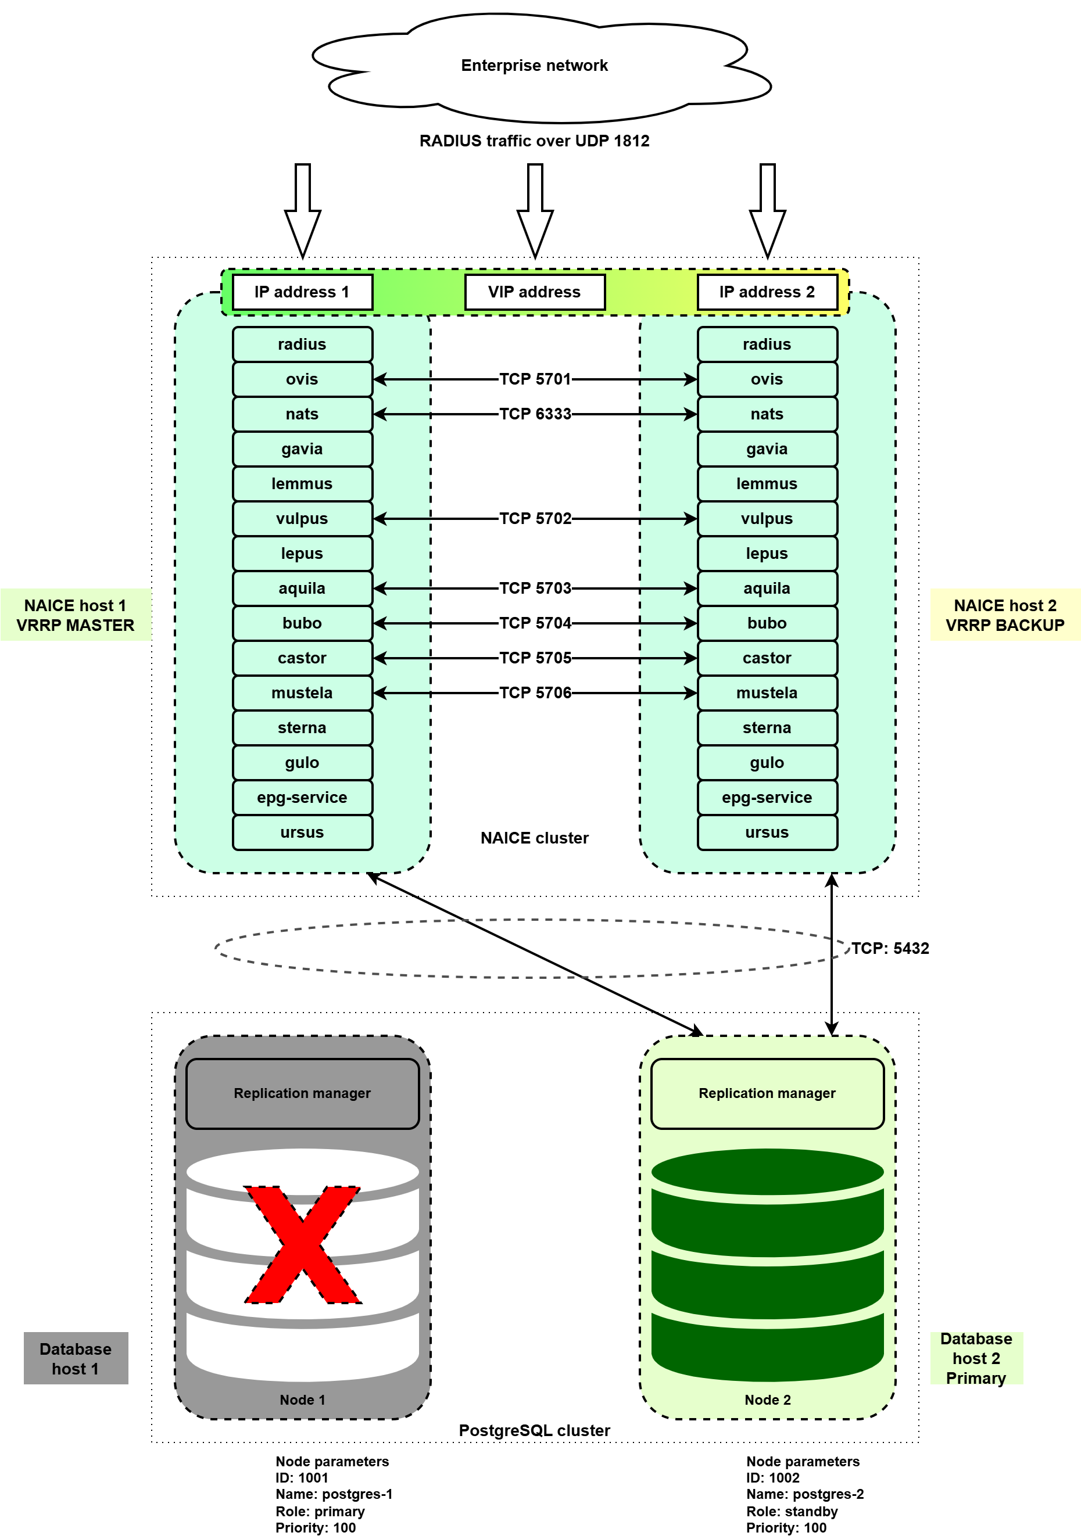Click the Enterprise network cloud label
point(534,66)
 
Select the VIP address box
point(534,292)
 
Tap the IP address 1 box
point(302,292)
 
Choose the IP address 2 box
point(767,292)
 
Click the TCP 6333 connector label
point(535,414)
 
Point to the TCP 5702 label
point(535,518)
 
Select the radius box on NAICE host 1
point(302,344)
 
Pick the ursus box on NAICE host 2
point(767,832)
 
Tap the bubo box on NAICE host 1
point(302,623)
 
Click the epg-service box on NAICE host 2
point(767,798)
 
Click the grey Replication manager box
point(302,1093)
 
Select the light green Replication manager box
point(767,1093)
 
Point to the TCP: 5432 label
point(890,948)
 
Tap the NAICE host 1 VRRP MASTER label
point(75,615)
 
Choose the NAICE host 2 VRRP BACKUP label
point(1005,615)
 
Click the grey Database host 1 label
point(76,1358)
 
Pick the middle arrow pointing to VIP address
point(535,210)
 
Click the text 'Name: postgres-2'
point(804,1494)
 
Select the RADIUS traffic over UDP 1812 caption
point(534,141)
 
